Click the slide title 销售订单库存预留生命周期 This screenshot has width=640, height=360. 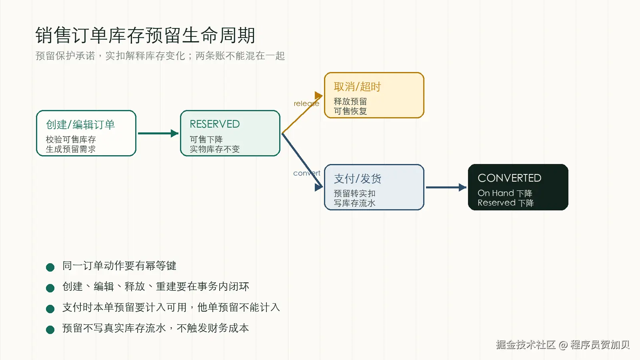point(145,35)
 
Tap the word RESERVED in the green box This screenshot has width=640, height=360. point(214,124)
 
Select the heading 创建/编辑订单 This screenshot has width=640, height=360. point(80,125)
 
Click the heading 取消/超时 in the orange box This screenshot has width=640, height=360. point(357,87)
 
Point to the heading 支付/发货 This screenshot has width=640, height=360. point(358,179)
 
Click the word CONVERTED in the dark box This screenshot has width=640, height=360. point(510,178)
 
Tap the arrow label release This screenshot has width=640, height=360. point(306,104)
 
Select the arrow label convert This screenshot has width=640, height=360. point(307,173)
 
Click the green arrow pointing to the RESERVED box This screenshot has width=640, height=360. point(158,133)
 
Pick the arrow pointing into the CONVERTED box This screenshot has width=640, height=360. point(446,188)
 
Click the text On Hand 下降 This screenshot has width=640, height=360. point(505,193)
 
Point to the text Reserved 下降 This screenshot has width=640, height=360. point(506,203)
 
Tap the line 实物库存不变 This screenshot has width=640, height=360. point(214,149)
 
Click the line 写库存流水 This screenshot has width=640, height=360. point(354,203)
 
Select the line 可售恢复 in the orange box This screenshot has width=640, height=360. point(350,111)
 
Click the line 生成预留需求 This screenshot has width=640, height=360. point(70,149)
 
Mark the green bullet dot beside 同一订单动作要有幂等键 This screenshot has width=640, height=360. point(50,267)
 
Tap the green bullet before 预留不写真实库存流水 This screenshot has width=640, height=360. point(50,330)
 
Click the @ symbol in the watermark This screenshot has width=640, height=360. point(563,345)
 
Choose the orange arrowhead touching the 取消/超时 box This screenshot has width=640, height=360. point(318,96)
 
